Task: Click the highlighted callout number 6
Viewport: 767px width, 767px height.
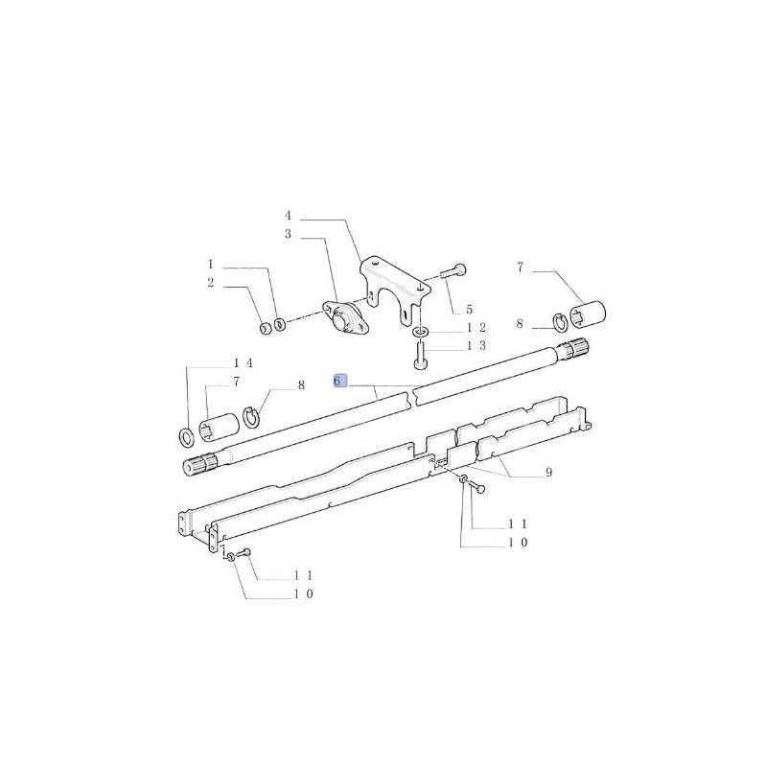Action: coord(339,381)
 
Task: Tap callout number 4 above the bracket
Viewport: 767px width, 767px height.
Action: coord(288,216)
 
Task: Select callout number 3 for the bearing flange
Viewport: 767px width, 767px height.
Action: coord(288,235)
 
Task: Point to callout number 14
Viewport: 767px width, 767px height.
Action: coord(244,363)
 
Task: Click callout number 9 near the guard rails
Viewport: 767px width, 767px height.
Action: coord(548,472)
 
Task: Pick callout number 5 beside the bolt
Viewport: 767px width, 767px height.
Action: coord(469,310)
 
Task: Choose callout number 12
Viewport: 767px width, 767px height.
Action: coord(476,327)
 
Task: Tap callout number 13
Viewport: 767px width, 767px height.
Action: coord(476,346)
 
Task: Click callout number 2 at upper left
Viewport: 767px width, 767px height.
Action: coord(210,283)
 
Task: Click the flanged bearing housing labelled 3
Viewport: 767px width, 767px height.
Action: coord(343,318)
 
